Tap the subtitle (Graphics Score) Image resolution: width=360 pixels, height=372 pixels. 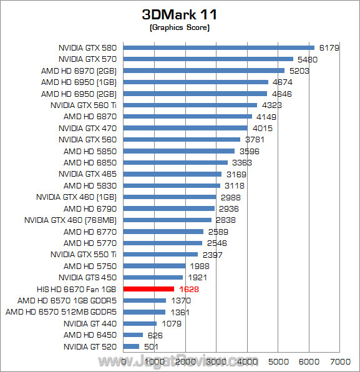click(x=180, y=28)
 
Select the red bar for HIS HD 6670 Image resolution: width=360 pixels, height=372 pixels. click(x=149, y=289)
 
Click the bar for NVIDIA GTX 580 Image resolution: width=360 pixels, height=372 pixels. click(x=219, y=47)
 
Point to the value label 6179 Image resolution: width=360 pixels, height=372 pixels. click(x=329, y=47)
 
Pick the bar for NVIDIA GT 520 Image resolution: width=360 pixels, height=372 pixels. click(x=132, y=346)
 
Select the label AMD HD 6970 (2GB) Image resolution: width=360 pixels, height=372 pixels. click(x=80, y=71)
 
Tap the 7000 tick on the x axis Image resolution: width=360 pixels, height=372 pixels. click(x=339, y=361)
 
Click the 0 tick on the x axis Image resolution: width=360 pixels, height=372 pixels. click(x=124, y=361)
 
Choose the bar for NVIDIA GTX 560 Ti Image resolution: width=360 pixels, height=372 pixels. click(x=190, y=105)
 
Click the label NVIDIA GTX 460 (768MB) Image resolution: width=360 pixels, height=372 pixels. click(x=71, y=220)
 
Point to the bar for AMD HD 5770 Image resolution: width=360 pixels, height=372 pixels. click(x=163, y=243)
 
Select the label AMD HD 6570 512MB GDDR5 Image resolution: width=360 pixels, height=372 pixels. click(x=62, y=311)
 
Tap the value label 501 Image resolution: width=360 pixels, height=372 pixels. click(x=152, y=346)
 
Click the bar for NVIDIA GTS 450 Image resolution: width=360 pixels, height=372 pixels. click(x=153, y=277)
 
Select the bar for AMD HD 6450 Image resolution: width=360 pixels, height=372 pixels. click(x=134, y=335)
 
